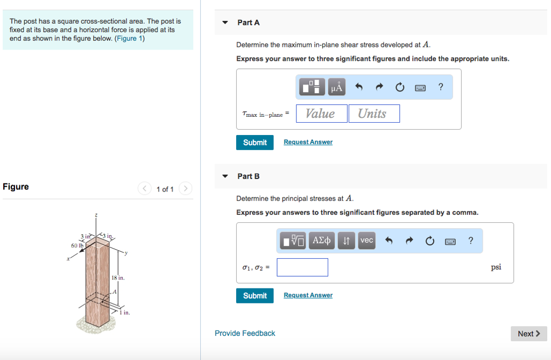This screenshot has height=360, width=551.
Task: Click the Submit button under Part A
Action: coord(255,142)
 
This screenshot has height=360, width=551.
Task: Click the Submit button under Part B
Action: coord(255,295)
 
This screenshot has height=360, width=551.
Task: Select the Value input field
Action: coord(321,114)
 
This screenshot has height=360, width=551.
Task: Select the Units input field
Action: coord(374,114)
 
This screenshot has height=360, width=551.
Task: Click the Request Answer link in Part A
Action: coord(308,142)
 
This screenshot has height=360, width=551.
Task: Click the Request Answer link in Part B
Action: coord(308,295)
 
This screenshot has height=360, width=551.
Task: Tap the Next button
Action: coord(528,334)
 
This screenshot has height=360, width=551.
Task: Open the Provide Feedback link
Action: coord(245,334)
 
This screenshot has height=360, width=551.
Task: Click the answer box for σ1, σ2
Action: coord(302,267)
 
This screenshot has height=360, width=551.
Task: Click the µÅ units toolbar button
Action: coord(337,87)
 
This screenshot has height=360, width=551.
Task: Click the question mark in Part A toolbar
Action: coord(441,87)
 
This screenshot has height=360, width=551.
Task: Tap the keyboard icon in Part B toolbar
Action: coord(450,241)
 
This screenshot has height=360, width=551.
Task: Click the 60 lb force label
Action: coord(77,245)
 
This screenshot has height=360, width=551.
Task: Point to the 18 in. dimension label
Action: coord(118,278)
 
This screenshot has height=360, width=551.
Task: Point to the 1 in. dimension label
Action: coord(125,312)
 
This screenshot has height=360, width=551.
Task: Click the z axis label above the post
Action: coord(96,215)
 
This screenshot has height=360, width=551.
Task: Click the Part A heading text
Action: coord(249,23)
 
